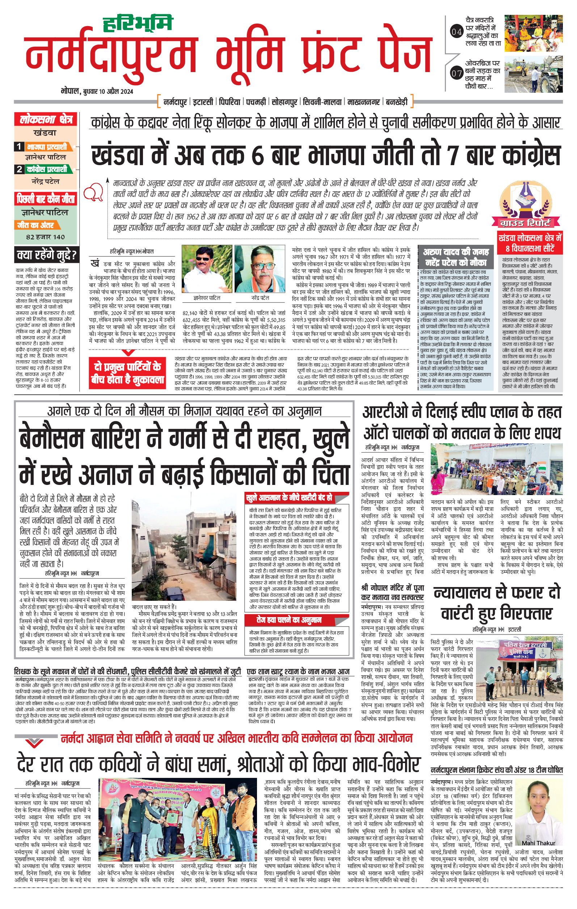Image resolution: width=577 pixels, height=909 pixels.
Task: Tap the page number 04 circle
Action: (456, 32)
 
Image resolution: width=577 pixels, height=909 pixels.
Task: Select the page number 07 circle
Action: (456, 73)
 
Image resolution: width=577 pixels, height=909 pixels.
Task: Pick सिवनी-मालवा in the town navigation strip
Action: (322, 102)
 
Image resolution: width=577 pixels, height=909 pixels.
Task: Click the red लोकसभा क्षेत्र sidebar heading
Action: (46, 120)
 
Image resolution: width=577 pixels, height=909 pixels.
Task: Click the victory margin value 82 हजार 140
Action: (46, 237)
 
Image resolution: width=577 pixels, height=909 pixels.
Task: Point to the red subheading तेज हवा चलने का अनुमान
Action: (284, 620)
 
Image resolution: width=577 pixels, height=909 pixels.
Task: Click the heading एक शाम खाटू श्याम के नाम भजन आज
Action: (299, 671)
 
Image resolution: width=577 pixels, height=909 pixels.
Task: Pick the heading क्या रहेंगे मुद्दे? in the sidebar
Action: (46, 255)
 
